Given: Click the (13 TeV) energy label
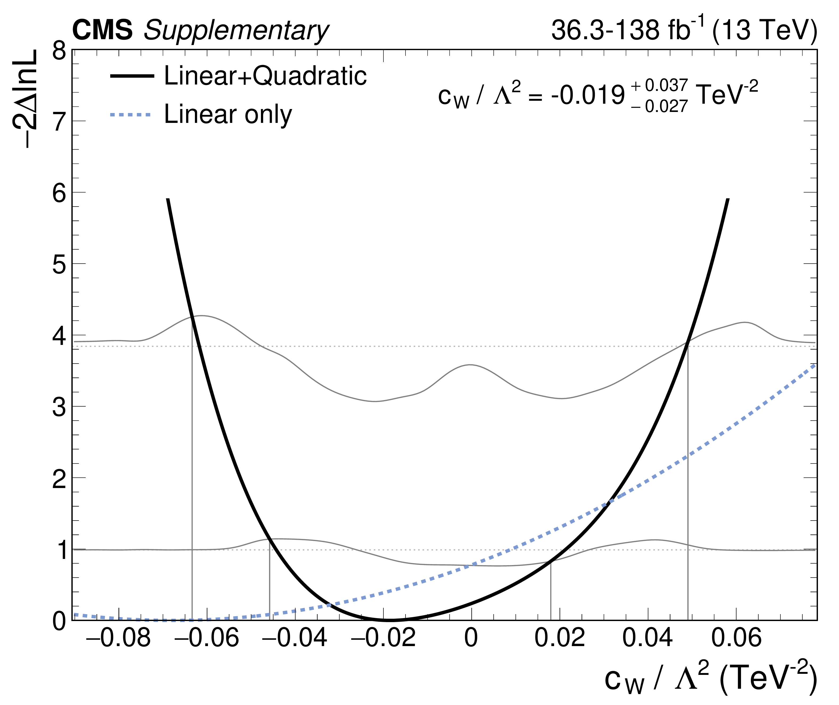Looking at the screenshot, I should coord(764,30).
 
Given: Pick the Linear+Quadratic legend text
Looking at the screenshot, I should coord(265,76).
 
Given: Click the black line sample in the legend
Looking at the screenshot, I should coord(132,76).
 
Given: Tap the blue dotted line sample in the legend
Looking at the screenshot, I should coord(132,115).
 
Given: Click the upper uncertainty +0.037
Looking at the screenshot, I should coord(659,85).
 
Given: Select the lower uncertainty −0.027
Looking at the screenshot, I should coord(659,106).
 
